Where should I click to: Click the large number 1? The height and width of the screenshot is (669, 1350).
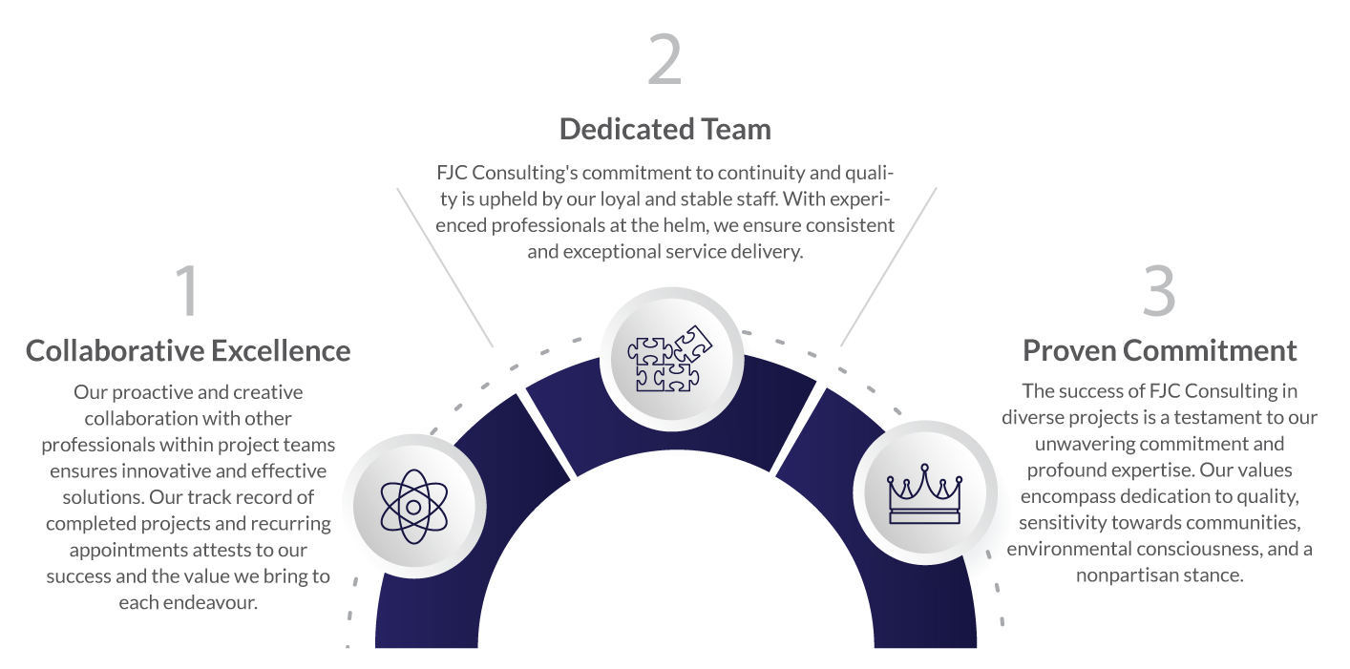point(187,290)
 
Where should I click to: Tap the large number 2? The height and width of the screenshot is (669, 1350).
point(664,60)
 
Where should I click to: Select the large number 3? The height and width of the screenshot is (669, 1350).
point(1159,290)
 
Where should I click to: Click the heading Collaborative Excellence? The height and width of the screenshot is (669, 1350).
point(188,351)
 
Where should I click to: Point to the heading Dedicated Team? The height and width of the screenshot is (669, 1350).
point(664,129)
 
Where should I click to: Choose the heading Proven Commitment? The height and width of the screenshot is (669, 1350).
point(1160,350)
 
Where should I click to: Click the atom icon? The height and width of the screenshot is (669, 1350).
point(413,506)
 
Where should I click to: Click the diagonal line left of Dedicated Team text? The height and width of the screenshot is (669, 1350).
point(445,266)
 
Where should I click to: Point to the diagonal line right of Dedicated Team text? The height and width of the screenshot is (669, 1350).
point(888,266)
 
